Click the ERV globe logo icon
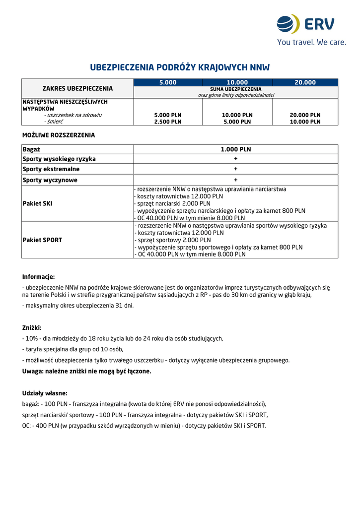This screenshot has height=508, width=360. click(288, 24)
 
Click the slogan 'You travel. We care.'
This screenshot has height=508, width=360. click(311, 43)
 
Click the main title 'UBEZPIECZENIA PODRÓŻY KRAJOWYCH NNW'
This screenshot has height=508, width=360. click(180, 67)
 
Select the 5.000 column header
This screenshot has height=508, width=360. click(168, 82)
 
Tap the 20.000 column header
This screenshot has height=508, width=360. click(305, 82)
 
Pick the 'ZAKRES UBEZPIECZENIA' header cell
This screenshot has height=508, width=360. click(77, 88)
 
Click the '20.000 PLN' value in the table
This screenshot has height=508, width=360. click(305, 115)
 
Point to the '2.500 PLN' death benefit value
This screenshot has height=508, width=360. click(168, 122)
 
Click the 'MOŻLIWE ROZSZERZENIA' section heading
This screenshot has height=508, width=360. click(59, 135)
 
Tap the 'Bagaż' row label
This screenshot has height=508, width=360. click(31, 149)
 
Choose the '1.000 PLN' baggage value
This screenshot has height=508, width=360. click(236, 149)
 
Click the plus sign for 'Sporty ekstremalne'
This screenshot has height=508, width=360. click(236, 169)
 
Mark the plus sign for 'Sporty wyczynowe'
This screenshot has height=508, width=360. click(236, 180)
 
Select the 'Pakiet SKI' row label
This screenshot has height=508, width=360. click(37, 203)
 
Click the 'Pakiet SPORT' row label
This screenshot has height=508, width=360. click(42, 240)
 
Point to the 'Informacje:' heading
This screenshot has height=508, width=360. click(38, 277)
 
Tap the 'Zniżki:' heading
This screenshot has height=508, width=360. click(32, 328)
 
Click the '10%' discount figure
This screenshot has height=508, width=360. click(31, 338)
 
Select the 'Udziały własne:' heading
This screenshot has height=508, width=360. click(45, 393)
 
